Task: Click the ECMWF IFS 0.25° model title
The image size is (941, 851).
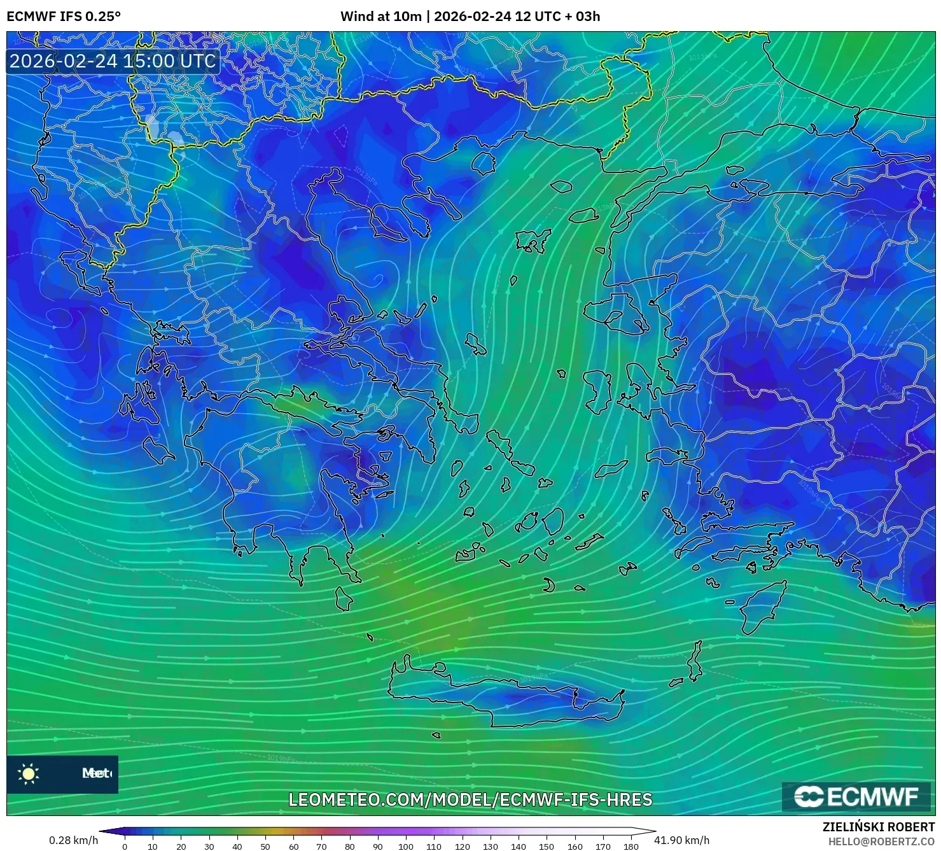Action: [64, 17]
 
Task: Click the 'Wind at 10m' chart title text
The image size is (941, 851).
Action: [380, 17]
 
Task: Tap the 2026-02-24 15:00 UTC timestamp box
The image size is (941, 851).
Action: [113, 61]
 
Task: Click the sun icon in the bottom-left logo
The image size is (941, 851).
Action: [29, 773]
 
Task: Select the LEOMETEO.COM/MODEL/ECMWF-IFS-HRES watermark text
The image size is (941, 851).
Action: [470, 799]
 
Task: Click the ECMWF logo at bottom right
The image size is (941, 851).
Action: [856, 797]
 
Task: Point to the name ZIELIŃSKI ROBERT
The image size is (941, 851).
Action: [879, 827]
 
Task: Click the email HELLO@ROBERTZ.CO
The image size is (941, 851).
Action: [881, 841]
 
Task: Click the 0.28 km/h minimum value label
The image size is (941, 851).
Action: [73, 840]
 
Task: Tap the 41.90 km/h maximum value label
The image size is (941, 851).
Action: [681, 840]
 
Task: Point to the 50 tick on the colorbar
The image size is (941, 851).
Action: [265, 846]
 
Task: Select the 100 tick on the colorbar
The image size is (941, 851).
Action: [406, 846]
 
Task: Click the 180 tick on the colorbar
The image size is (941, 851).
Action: [631, 846]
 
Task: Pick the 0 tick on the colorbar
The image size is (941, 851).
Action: [125, 846]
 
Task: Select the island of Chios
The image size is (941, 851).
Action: [597, 390]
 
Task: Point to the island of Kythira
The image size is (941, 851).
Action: [344, 599]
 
